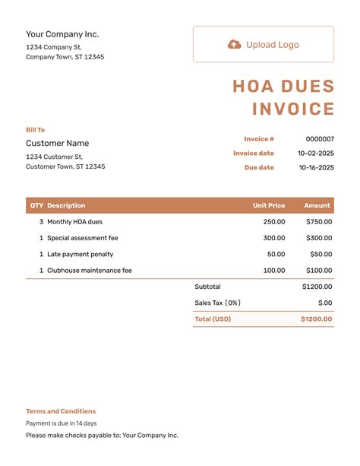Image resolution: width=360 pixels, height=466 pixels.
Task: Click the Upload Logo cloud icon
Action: click(x=235, y=45)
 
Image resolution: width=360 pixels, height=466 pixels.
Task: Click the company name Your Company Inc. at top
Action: click(x=62, y=34)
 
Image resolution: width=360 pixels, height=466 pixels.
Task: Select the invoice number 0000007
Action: click(x=319, y=139)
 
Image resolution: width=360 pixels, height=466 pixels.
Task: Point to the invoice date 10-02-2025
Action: click(x=315, y=154)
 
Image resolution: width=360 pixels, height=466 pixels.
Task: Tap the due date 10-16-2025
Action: click(x=315, y=167)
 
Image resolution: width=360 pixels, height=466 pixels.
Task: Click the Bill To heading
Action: click(x=35, y=130)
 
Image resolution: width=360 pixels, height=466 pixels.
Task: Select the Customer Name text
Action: click(x=57, y=143)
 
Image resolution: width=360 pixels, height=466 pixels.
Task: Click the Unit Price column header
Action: click(x=269, y=205)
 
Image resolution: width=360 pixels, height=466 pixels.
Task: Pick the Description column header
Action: click(x=66, y=205)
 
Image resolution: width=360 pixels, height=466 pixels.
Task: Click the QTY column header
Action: click(x=36, y=205)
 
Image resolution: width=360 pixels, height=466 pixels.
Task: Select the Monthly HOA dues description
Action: click(x=74, y=222)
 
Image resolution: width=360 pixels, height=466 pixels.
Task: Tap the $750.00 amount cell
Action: click(x=319, y=222)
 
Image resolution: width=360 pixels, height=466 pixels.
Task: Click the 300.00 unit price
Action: click(x=274, y=238)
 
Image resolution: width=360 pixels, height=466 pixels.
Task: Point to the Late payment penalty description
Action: click(x=80, y=254)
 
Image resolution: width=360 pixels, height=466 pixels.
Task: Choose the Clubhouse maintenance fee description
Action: click(x=89, y=270)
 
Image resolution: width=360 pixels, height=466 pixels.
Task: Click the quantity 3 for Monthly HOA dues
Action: click(x=41, y=222)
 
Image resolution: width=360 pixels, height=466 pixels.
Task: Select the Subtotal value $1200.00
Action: click(x=317, y=287)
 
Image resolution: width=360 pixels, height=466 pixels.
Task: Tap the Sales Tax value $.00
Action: click(x=325, y=303)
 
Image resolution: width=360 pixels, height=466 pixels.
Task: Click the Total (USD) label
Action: click(x=213, y=319)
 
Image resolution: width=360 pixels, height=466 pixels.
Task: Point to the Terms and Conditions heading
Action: click(x=61, y=411)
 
